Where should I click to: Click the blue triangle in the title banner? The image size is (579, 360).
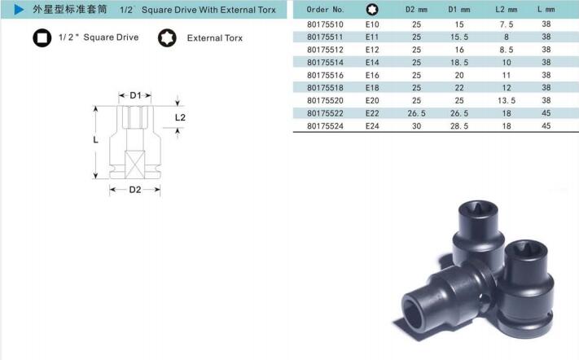(19, 9)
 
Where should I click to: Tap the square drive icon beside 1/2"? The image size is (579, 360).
(42, 38)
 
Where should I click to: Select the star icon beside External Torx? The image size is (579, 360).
(167, 38)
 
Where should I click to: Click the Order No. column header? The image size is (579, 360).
(325, 10)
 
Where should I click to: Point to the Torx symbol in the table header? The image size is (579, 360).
(372, 10)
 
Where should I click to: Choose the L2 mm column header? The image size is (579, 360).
(507, 10)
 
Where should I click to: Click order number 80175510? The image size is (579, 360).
(325, 24)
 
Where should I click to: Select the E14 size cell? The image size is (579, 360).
(372, 63)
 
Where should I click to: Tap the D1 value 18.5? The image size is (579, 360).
(459, 63)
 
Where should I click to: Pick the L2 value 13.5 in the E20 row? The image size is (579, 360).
(507, 100)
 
